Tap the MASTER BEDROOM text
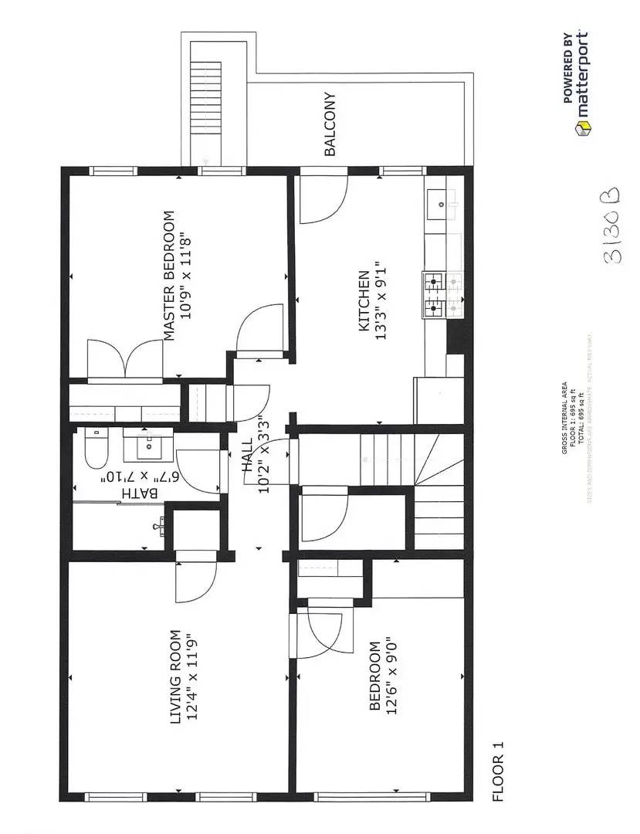[x=169, y=276]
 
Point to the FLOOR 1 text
[x=498, y=782]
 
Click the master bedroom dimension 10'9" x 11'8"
[x=185, y=276]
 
